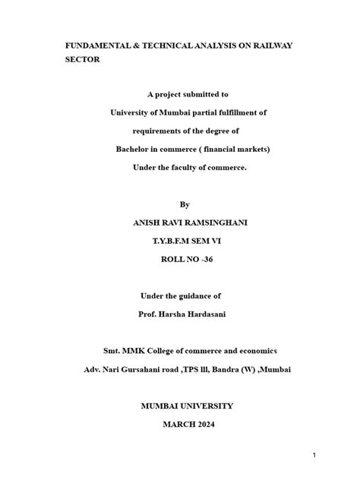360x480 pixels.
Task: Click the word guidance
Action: point(198,295)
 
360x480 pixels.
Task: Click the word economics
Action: point(253,351)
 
